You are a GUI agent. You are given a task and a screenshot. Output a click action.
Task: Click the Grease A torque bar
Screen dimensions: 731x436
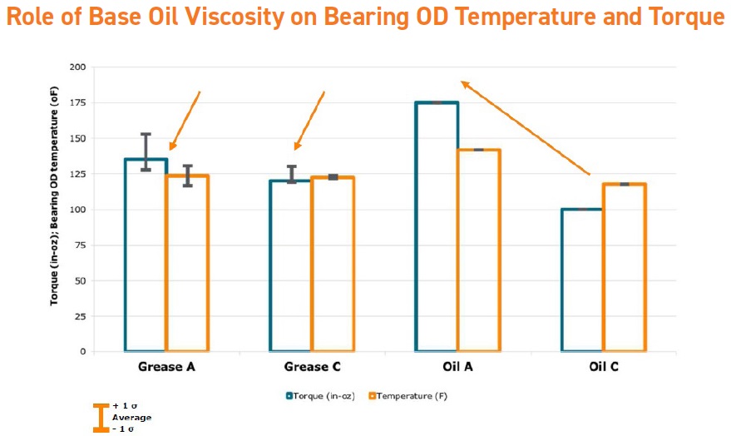coord(126,255)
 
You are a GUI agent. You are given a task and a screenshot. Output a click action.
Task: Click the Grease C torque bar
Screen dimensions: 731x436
coord(270,265)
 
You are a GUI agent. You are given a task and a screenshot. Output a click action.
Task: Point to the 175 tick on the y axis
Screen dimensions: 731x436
coord(78,102)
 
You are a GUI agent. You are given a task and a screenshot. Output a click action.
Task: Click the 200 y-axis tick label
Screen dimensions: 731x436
coord(78,67)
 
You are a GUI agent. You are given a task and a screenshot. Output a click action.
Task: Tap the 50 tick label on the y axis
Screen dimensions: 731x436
coord(80,280)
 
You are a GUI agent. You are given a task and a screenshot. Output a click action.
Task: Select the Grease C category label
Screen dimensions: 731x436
coord(313,367)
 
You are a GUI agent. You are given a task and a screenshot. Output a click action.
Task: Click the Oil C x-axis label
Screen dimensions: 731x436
coord(604,367)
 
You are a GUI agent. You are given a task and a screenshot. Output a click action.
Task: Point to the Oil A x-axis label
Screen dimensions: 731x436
coord(457,367)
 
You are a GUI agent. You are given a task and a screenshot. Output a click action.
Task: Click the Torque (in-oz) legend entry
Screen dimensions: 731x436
coord(320,396)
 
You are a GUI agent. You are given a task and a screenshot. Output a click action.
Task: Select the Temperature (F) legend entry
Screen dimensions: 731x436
coord(408,396)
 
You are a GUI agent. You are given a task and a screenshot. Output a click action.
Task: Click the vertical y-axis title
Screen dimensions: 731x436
coord(55,196)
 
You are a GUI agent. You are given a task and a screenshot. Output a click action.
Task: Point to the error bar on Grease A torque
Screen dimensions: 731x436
coord(146,152)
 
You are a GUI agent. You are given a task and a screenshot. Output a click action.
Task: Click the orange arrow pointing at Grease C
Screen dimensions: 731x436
coord(309,121)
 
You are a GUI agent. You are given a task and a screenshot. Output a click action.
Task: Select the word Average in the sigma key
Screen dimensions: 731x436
coord(132,418)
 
